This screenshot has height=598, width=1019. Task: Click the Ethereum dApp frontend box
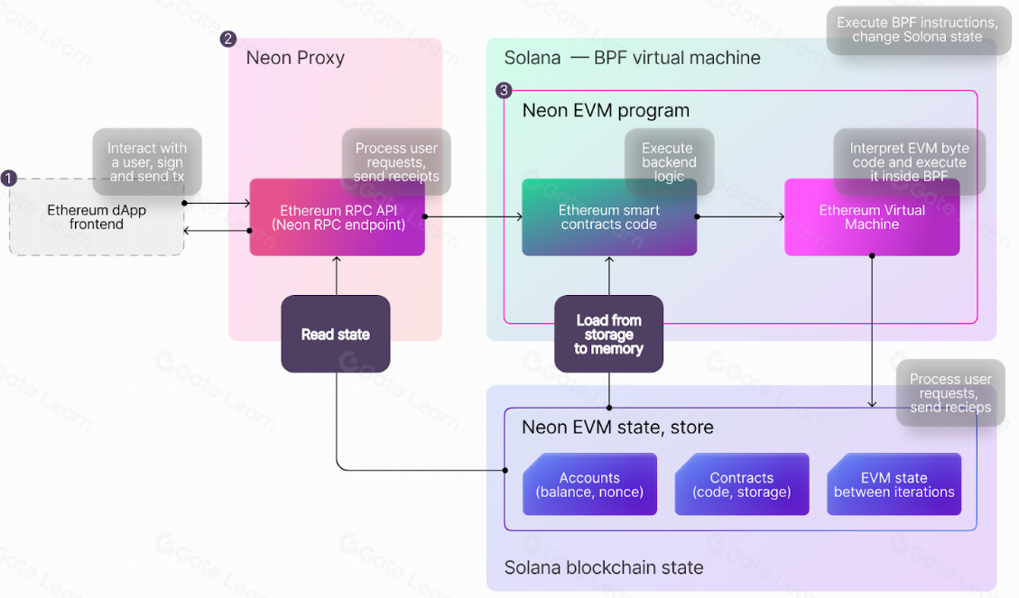97,217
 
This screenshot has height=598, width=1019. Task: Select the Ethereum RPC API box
337,217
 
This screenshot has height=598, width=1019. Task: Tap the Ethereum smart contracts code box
609,217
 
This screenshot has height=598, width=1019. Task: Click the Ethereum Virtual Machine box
872,217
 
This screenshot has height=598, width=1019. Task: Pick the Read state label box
336,335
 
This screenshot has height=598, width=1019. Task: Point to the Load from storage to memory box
609,335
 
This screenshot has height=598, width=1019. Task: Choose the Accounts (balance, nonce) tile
589,485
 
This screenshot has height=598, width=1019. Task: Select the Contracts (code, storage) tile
742,485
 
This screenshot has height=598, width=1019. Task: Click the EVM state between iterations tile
894,485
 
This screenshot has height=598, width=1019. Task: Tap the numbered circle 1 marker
9,179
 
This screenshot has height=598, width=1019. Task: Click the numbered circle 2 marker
228,39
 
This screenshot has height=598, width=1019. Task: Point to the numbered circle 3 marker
504,90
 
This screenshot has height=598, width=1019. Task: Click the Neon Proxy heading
295,59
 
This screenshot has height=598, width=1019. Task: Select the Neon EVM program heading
606,111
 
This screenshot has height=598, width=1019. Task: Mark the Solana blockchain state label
604,568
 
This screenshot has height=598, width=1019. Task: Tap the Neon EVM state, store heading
617,427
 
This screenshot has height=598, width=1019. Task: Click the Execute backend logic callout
669,162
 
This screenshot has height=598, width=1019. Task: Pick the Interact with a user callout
147,162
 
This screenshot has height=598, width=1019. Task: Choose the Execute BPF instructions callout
916,30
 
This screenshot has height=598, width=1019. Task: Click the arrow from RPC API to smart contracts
473,216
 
